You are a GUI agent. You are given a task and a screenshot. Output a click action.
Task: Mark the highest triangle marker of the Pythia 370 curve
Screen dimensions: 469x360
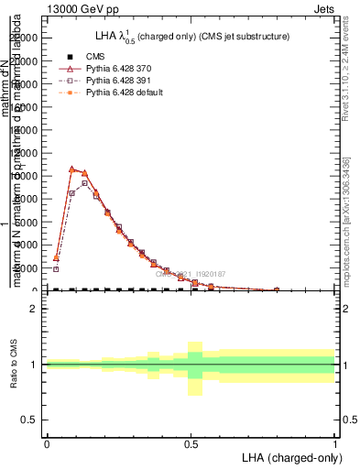pyautogui.click(x=71, y=169)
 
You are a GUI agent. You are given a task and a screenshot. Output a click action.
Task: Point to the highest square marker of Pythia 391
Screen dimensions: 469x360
pyautogui.click(x=84, y=183)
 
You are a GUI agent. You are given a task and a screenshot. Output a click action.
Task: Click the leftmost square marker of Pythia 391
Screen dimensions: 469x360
pyautogui.click(x=56, y=269)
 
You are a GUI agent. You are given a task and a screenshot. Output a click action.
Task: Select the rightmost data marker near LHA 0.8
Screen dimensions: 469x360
pyautogui.click(x=277, y=289)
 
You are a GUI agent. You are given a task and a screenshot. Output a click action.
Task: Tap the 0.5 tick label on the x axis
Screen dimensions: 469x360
pyautogui.click(x=191, y=444)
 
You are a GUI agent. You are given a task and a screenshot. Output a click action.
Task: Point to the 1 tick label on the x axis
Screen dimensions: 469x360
pyautogui.click(x=335, y=444)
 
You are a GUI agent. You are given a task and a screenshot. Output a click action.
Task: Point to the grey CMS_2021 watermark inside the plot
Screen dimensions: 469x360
pyautogui.click(x=191, y=274)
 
